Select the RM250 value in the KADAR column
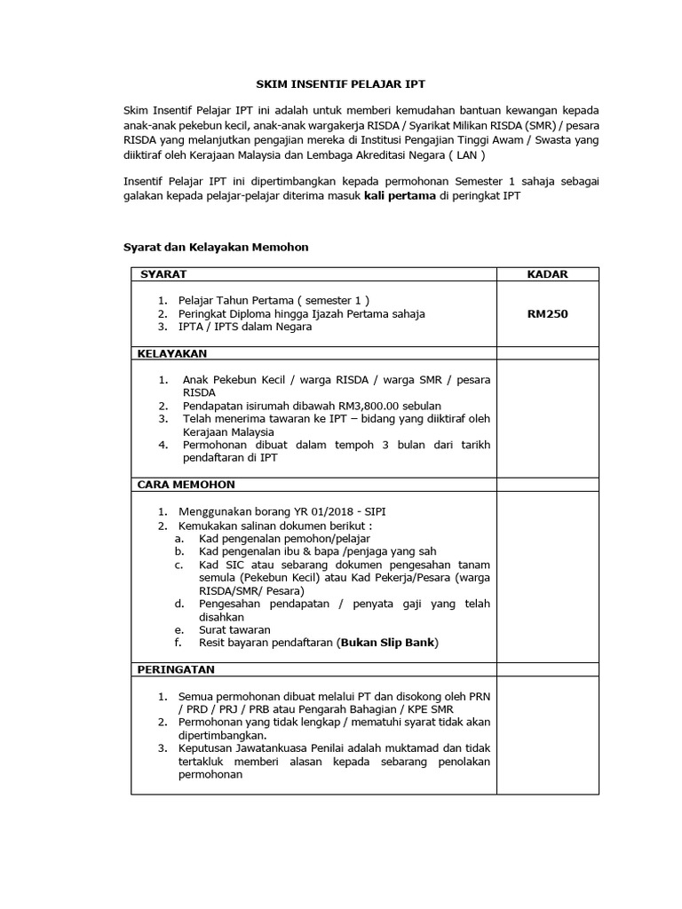pos(547,312)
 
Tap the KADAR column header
pos(547,274)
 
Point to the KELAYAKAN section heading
pos(171,353)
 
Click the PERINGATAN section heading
pos(176,668)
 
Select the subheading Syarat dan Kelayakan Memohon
pos(215,247)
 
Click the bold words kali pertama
pos(400,196)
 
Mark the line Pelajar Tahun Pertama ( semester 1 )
pos(274,300)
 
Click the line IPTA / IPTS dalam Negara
pos(245,326)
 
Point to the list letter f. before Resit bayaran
pos(178,642)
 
